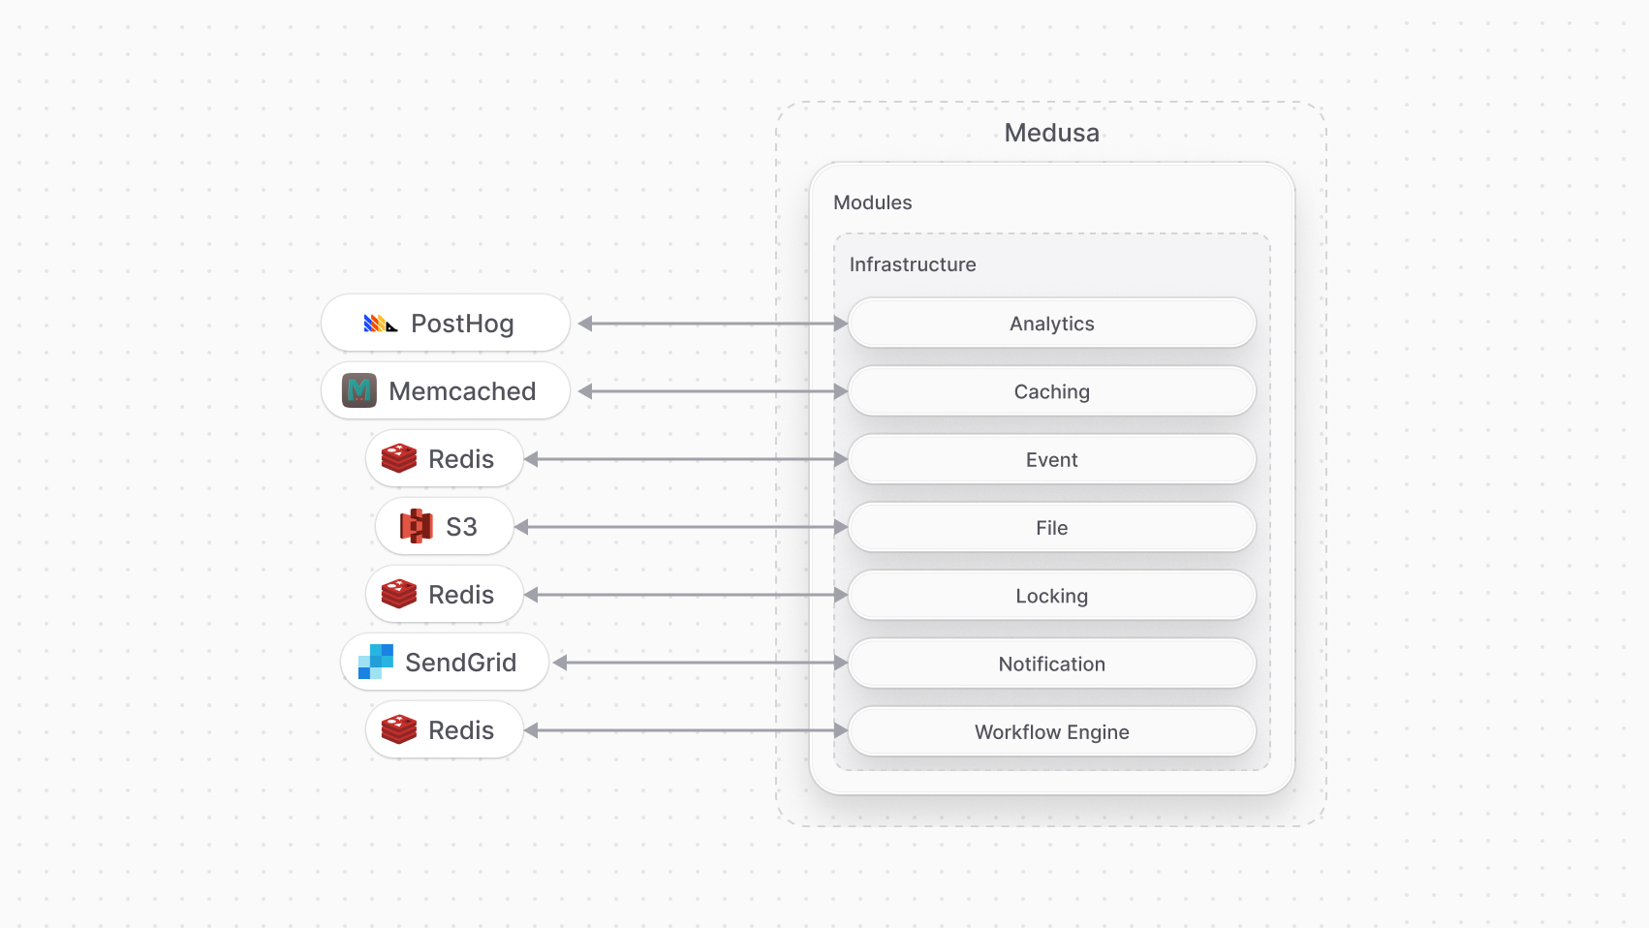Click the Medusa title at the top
[1051, 133]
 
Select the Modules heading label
[872, 202]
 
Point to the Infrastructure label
[912, 264]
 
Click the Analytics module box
[1051, 324]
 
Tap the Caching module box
[1051, 391]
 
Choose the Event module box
[1051, 459]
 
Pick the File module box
[1051, 528]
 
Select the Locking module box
[1051, 596]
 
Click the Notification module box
[1051, 664]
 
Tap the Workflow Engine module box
[1051, 731]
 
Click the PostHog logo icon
[380, 324]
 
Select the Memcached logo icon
[359, 390]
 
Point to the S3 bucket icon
[417, 526]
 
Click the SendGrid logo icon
[376, 662]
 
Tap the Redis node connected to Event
[445, 459]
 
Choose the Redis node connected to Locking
[445, 595]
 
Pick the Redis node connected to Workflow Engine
[445, 730]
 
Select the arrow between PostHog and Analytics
[713, 324]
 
